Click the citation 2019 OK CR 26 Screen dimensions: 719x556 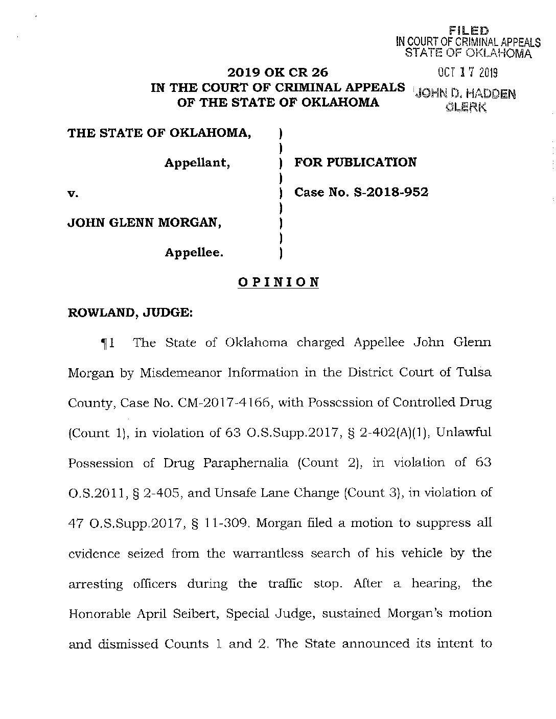click(x=278, y=73)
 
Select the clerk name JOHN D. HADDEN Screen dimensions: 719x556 click(x=466, y=94)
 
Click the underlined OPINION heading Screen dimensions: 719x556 click(x=279, y=282)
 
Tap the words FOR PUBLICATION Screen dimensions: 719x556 click(x=356, y=162)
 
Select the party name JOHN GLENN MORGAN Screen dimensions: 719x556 click(x=145, y=223)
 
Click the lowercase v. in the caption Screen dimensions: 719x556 click(x=72, y=193)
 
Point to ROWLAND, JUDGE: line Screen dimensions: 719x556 click(x=130, y=313)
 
